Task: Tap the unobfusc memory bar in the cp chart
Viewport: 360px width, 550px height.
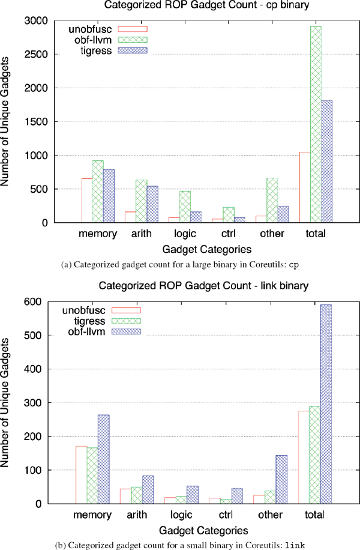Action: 87,200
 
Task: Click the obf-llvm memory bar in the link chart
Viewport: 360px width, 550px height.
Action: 103,459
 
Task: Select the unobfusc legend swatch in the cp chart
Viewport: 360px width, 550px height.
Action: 132,29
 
